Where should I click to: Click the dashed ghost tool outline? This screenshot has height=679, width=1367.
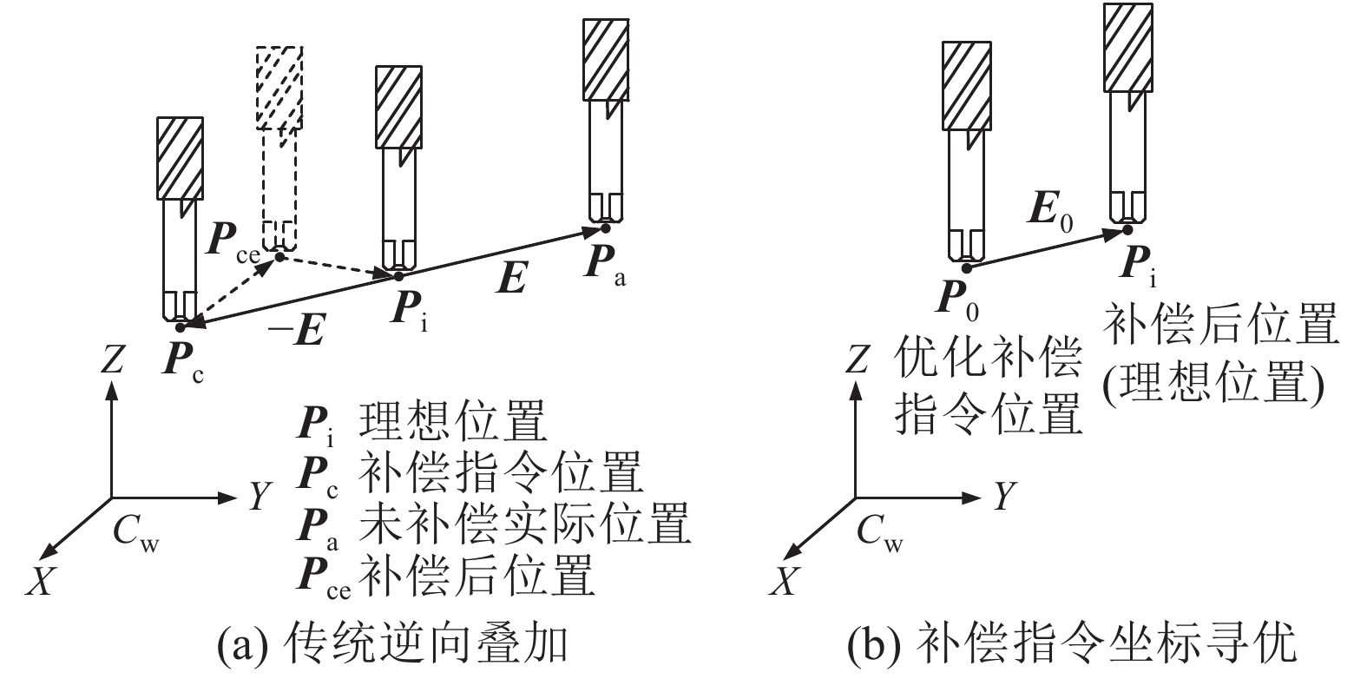point(279,148)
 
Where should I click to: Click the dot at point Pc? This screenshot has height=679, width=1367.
point(180,326)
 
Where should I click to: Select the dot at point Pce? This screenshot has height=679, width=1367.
point(279,255)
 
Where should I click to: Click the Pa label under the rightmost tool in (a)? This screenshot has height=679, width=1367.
point(604,263)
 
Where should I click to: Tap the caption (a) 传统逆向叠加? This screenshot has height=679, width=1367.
point(392,644)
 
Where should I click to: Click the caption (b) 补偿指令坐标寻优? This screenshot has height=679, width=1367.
point(1071,644)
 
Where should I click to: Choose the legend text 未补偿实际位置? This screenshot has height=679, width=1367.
point(524,524)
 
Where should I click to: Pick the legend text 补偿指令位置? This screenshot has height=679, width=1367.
point(501,473)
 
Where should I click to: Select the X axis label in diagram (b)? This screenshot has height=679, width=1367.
point(783,580)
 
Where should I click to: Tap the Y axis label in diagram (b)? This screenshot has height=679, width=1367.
point(1003,497)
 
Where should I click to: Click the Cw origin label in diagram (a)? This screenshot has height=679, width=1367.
point(136,532)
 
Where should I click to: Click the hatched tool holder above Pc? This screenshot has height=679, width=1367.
point(181,158)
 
